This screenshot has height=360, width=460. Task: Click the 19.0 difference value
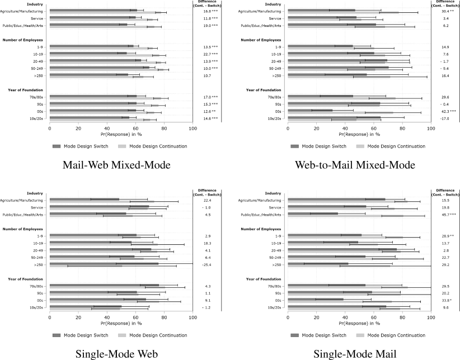(x=210, y=25)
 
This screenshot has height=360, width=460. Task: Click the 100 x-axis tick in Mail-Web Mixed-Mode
(x=193, y=129)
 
